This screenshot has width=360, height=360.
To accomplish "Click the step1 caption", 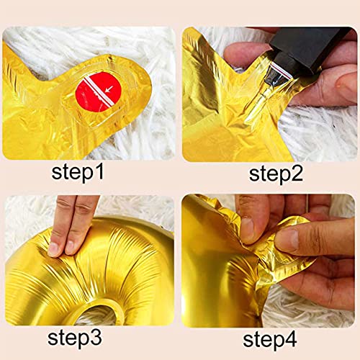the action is [78, 173].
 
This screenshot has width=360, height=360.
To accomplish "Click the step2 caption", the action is [276, 174].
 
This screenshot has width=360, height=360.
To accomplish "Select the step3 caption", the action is [75, 338].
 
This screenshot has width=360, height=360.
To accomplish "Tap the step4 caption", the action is [270, 339].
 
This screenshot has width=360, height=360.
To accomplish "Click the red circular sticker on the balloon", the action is [99, 91].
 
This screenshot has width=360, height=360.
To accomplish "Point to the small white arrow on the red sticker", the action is [109, 89].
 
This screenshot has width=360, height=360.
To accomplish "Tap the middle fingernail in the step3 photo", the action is [70, 247].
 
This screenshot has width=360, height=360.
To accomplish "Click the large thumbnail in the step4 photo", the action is [287, 240].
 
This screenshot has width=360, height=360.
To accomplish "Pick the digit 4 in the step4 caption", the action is [292, 338].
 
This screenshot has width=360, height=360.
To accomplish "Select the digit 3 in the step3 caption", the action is [96, 338].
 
